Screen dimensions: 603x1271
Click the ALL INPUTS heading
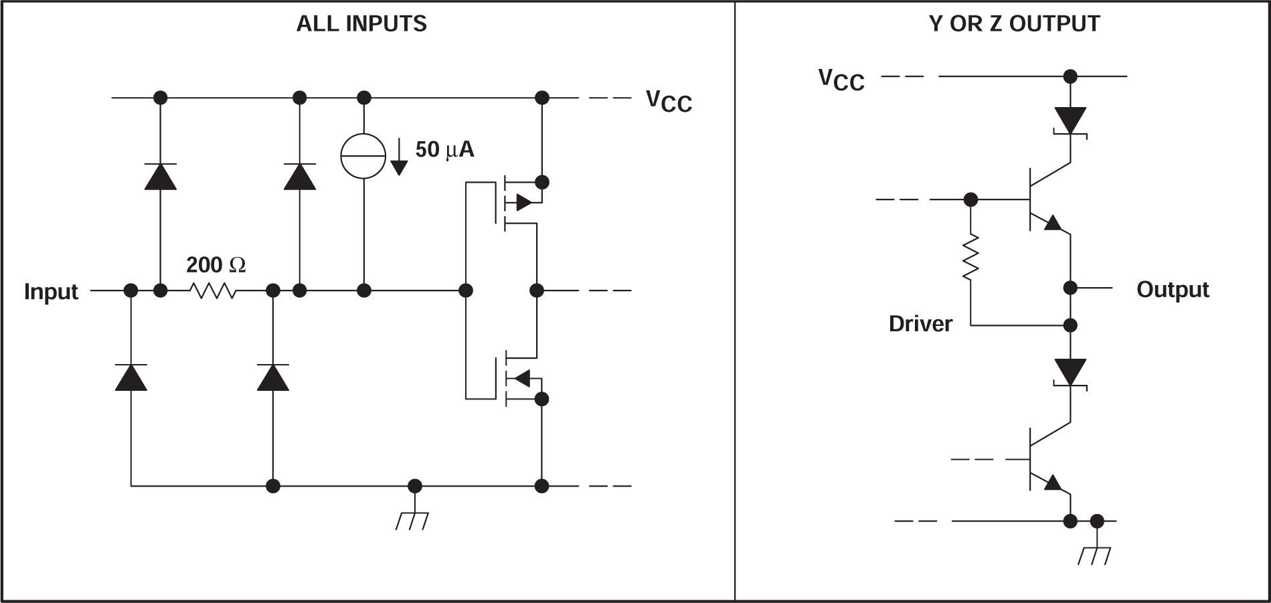tap(361, 24)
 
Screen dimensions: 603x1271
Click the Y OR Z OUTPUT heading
tap(1014, 24)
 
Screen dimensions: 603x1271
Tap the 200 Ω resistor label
tap(216, 265)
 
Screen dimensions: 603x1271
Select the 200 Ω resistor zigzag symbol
tap(213, 290)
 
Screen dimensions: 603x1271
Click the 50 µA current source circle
tap(363, 156)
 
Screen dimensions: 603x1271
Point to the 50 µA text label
tap(444, 149)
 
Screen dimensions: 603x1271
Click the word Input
tap(51, 292)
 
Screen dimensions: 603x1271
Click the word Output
tap(1173, 289)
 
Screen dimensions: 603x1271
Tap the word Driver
tap(920, 324)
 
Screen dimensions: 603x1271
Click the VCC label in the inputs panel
tap(669, 101)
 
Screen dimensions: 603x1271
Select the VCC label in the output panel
tap(841, 80)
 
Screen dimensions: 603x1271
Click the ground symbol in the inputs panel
tap(413, 520)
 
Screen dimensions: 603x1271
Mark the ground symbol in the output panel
tap(1095, 555)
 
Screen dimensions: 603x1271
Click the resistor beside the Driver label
tap(970, 257)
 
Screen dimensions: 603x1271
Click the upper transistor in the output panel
tap(1044, 199)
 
